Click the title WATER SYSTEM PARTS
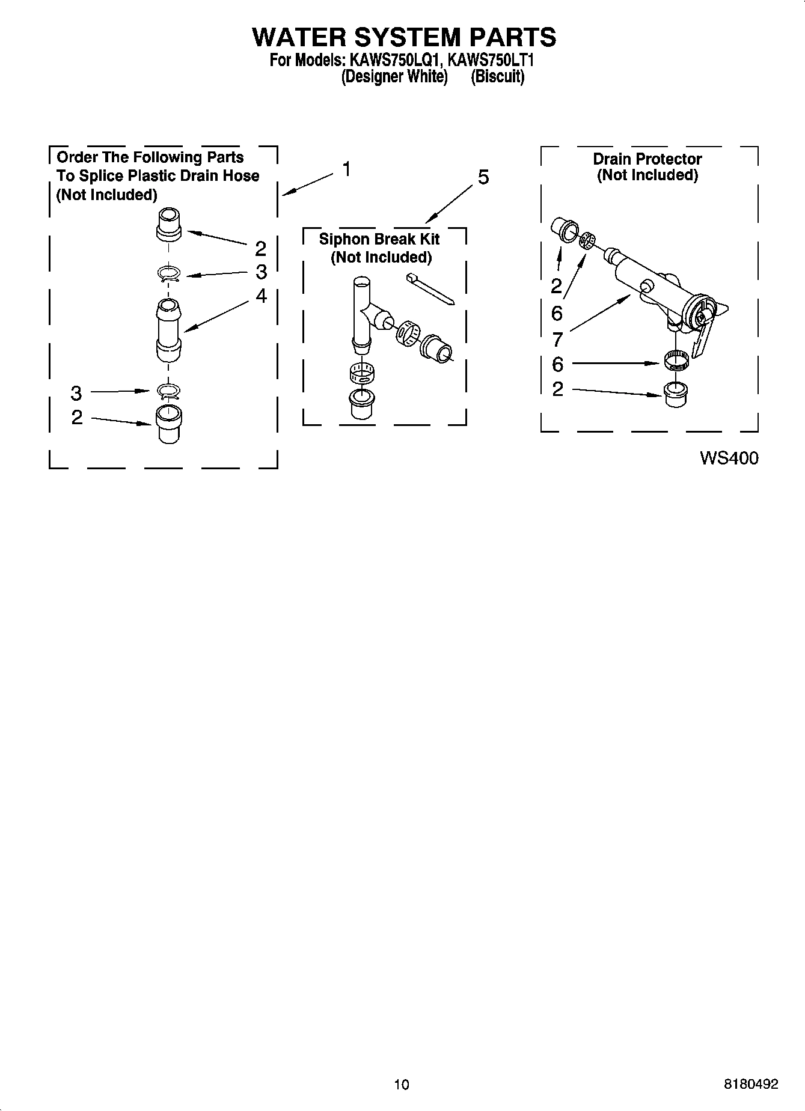[403, 37]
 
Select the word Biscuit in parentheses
[497, 77]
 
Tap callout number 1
[347, 169]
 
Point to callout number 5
[483, 178]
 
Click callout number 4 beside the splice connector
[261, 296]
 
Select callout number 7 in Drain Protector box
[557, 339]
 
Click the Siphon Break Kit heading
[379, 239]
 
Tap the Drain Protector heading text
[647, 159]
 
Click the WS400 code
[729, 458]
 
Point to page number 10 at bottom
[402, 1084]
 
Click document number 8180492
[751, 1084]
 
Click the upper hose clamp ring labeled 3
[170, 274]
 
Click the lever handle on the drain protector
[701, 340]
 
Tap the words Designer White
[394, 77]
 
